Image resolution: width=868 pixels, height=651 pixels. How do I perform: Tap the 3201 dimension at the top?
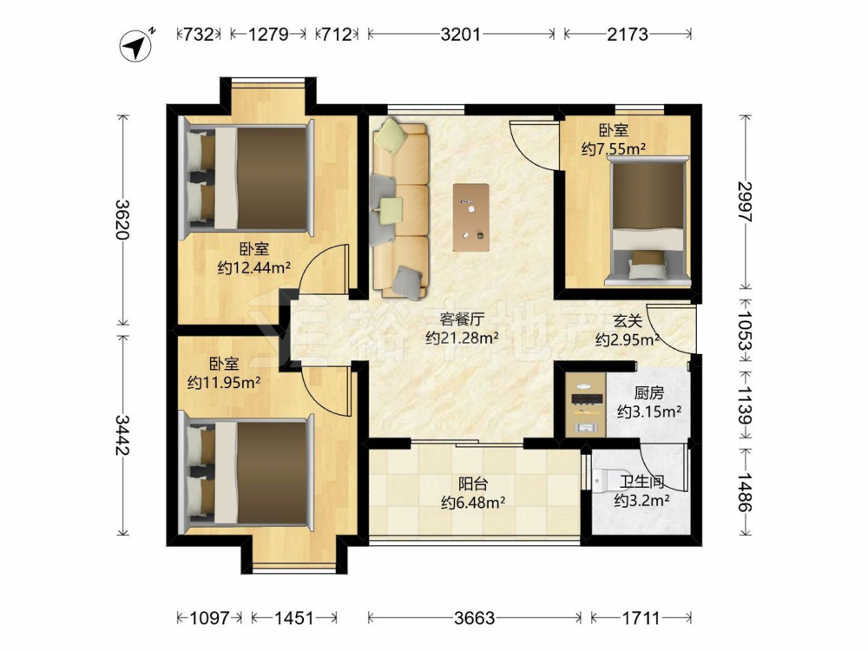pyautogui.click(x=460, y=35)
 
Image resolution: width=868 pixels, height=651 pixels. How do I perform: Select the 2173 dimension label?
pyautogui.click(x=628, y=35)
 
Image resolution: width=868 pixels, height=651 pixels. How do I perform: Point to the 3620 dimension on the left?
pyautogui.click(x=122, y=220)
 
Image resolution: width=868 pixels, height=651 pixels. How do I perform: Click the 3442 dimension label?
pyautogui.click(x=122, y=435)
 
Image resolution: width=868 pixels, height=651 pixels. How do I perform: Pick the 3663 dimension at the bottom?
pyautogui.click(x=475, y=617)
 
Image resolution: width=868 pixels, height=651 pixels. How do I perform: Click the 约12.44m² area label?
pyautogui.click(x=254, y=268)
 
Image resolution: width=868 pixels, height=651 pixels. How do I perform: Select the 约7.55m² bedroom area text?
pyautogui.click(x=614, y=148)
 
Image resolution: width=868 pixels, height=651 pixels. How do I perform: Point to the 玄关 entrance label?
pyautogui.click(x=628, y=320)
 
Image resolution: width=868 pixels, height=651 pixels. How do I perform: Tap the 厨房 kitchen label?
pyautogui.click(x=648, y=393)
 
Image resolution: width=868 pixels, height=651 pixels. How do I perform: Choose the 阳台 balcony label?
pyautogui.click(x=473, y=483)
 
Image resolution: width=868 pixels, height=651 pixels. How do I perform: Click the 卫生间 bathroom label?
pyautogui.click(x=641, y=482)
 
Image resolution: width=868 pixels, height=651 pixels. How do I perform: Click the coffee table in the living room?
pyautogui.click(x=470, y=218)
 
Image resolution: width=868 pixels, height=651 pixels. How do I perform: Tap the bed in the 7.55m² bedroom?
pyautogui.click(x=648, y=221)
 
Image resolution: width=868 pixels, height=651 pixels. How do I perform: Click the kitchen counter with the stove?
pyautogui.click(x=585, y=404)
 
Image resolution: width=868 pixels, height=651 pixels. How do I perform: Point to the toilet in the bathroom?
pyautogui.click(x=605, y=480)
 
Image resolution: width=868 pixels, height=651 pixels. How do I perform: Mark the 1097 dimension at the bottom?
pyautogui.click(x=209, y=617)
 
